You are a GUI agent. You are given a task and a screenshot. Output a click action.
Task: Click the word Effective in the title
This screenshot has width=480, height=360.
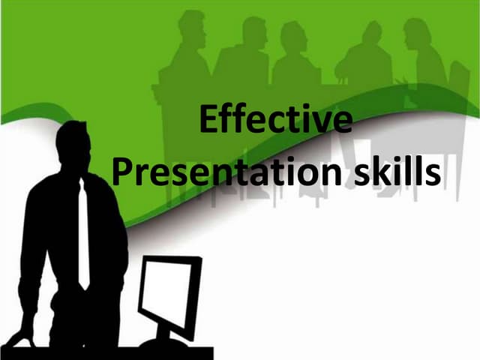(x=277, y=121)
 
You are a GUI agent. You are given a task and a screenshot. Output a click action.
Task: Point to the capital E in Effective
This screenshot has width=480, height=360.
(x=211, y=121)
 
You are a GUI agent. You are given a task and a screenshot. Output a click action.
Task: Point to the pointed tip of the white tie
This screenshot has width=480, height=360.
(x=84, y=286)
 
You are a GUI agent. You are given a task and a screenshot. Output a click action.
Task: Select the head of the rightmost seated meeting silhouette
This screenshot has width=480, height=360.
(x=416, y=33)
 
